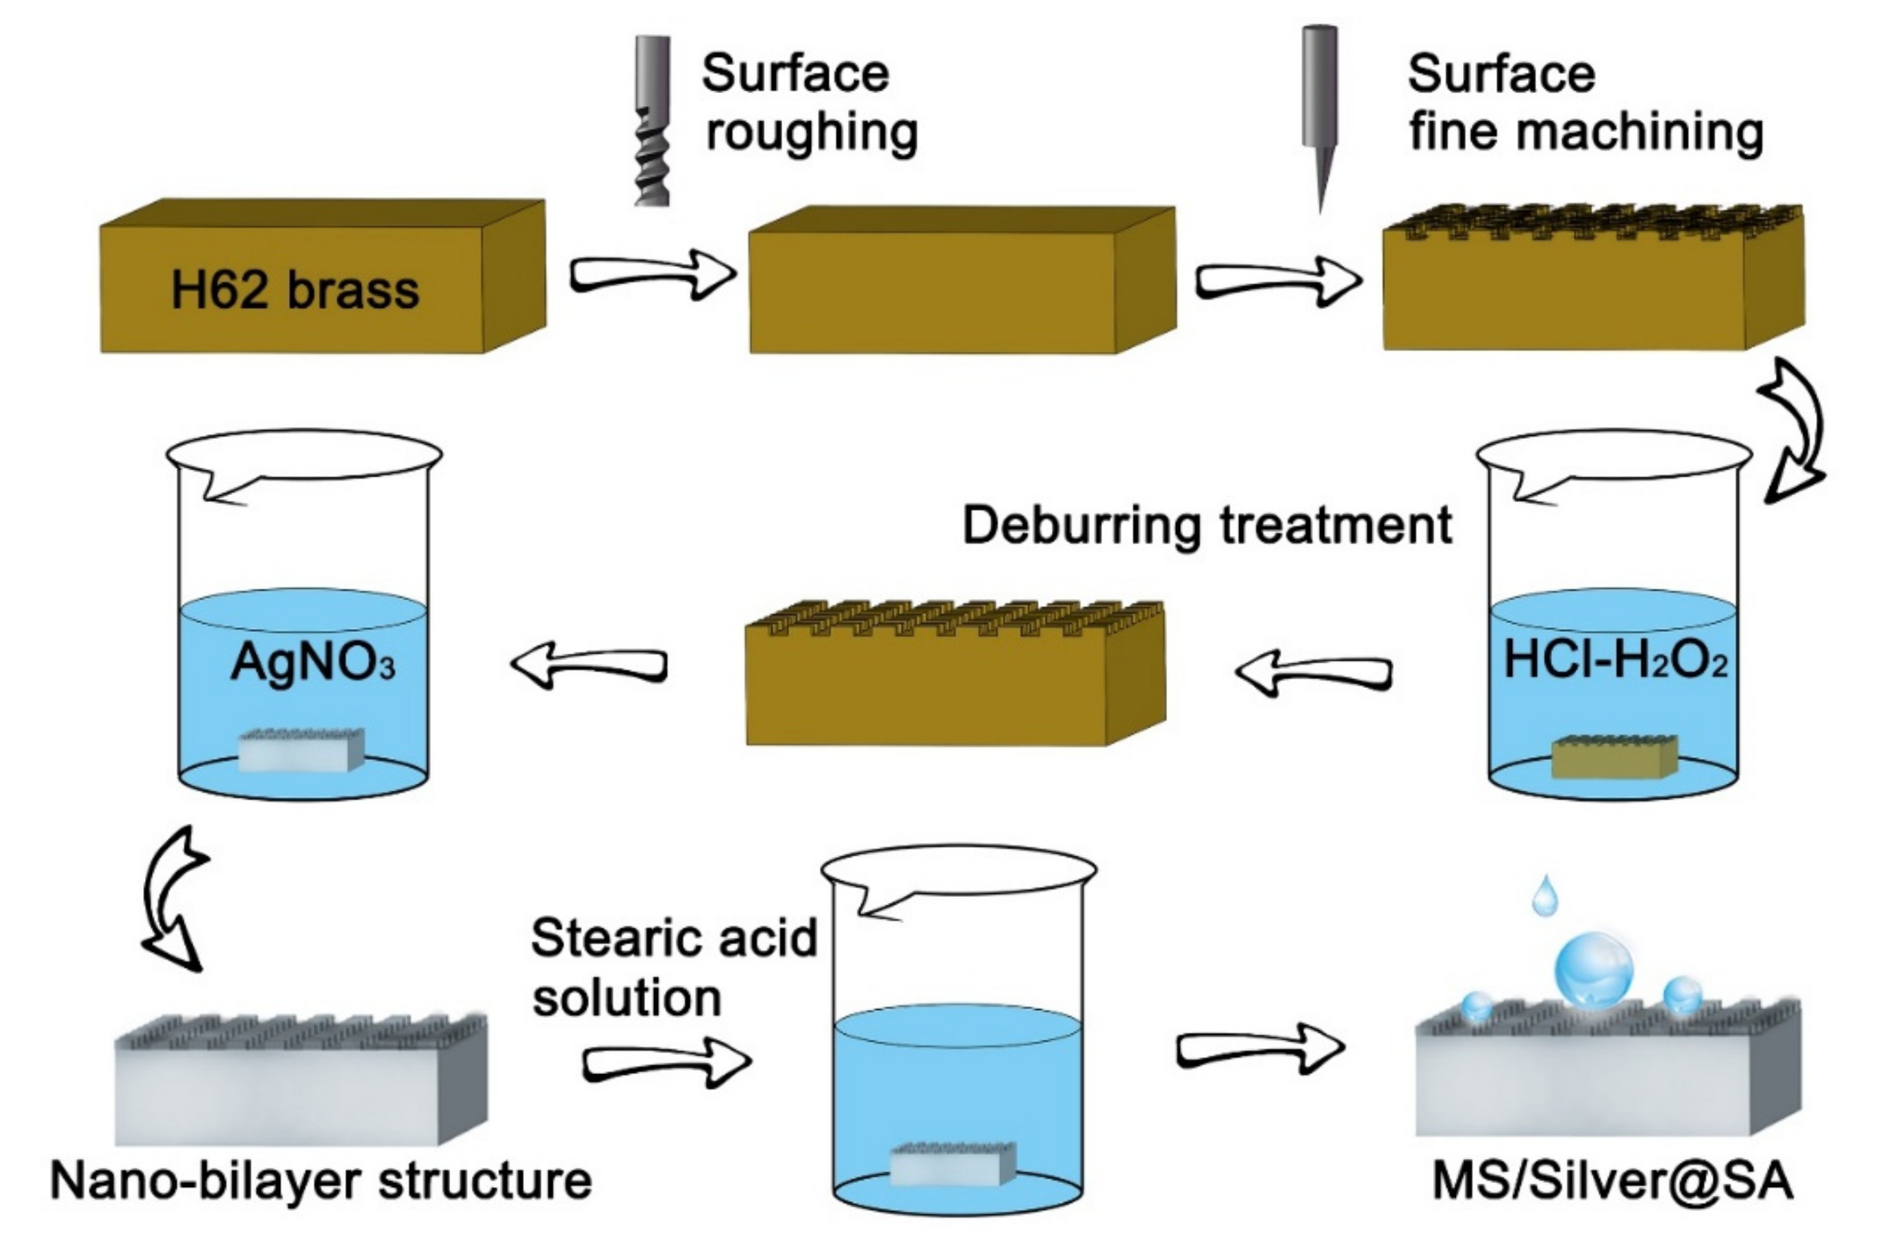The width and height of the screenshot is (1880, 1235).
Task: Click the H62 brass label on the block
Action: (x=294, y=290)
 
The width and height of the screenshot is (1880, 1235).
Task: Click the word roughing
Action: (x=812, y=132)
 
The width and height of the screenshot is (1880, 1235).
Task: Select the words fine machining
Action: (x=1586, y=132)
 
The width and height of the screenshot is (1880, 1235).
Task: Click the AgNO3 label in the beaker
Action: (x=312, y=662)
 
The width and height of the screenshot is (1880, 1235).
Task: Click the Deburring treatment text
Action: (x=1206, y=525)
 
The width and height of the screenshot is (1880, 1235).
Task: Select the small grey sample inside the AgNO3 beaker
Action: (x=301, y=750)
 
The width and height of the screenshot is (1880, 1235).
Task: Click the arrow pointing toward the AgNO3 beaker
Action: (x=588, y=665)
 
